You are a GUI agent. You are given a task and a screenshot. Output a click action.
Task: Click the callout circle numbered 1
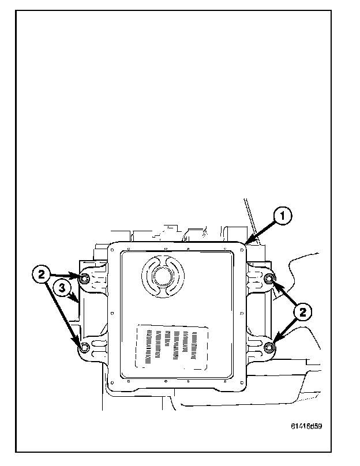[x=282, y=217]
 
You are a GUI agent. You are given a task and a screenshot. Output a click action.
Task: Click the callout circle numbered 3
[x=64, y=287]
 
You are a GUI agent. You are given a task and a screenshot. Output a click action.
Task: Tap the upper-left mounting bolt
[x=85, y=280]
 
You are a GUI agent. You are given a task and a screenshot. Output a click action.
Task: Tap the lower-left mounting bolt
[x=84, y=347]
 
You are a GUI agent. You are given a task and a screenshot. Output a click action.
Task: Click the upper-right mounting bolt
[x=269, y=280]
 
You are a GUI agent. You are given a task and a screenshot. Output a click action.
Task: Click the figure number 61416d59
[x=306, y=428]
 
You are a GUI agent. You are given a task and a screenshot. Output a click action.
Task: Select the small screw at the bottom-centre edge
[x=166, y=382]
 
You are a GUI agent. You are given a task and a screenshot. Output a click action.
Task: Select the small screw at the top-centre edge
[x=166, y=250]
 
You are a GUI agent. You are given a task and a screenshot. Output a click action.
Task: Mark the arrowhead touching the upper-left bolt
[x=77, y=276]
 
